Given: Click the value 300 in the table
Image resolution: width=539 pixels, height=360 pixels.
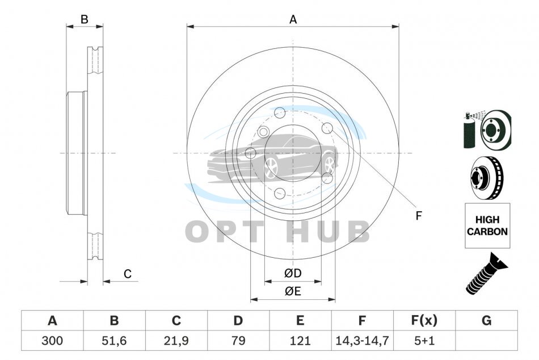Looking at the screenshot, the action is (52, 341).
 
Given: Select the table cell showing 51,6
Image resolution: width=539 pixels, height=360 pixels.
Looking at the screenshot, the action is (114, 341).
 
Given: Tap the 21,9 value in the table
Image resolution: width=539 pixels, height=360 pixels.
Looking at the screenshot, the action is (176, 341).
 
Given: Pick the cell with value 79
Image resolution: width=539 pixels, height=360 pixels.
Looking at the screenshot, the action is (238, 341).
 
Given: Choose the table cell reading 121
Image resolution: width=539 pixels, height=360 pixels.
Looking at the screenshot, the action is (300, 341).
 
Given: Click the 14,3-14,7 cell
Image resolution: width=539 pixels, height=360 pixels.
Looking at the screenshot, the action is (363, 341).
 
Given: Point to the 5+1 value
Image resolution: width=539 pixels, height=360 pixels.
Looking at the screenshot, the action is (424, 341).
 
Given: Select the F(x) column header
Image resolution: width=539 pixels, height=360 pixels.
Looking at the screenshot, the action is (424, 320).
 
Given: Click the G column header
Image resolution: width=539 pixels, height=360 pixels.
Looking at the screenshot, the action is (486, 320).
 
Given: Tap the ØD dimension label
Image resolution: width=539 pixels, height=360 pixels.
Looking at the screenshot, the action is (293, 273).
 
